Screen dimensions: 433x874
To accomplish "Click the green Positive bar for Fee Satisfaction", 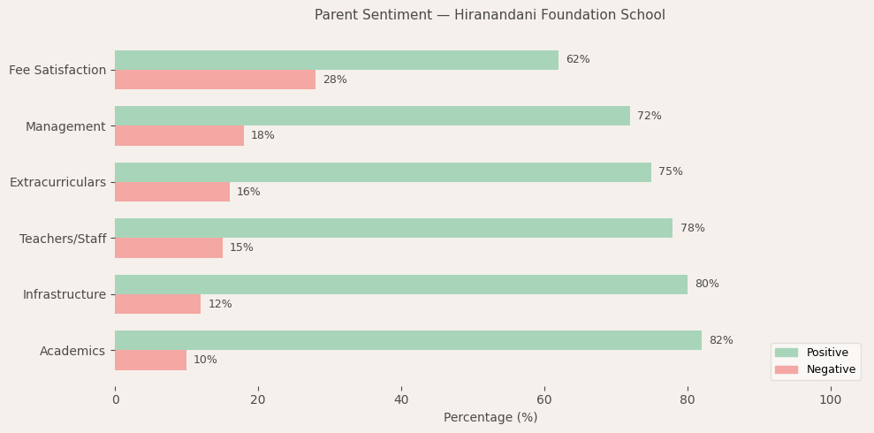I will (x=336, y=60).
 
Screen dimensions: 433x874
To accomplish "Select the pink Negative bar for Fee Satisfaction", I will (x=215, y=80).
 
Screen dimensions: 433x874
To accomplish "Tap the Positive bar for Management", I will (x=372, y=116).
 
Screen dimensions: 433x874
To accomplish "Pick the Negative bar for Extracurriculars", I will (x=172, y=192).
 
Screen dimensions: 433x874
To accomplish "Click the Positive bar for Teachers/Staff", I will (x=393, y=228).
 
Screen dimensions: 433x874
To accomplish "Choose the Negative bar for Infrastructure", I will (x=157, y=304).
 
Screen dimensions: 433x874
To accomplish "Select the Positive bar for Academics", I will (x=407, y=340).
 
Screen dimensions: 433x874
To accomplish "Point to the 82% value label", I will (x=720, y=340).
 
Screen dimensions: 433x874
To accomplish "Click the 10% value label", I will (x=205, y=361).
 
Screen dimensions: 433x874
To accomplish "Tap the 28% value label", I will (x=334, y=80).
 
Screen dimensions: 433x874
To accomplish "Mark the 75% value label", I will (x=670, y=172).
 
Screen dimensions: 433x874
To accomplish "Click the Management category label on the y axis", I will (x=65, y=126).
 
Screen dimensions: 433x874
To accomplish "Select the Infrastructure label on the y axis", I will (x=64, y=294).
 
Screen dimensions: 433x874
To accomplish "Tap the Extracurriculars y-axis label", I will (x=57, y=182).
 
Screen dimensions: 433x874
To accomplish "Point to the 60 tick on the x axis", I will (x=544, y=400).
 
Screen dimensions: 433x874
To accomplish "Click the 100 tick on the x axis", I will (x=830, y=400).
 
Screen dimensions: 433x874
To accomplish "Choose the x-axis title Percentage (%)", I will (x=490, y=418).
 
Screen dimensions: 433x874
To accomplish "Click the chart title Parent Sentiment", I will (x=490, y=15).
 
